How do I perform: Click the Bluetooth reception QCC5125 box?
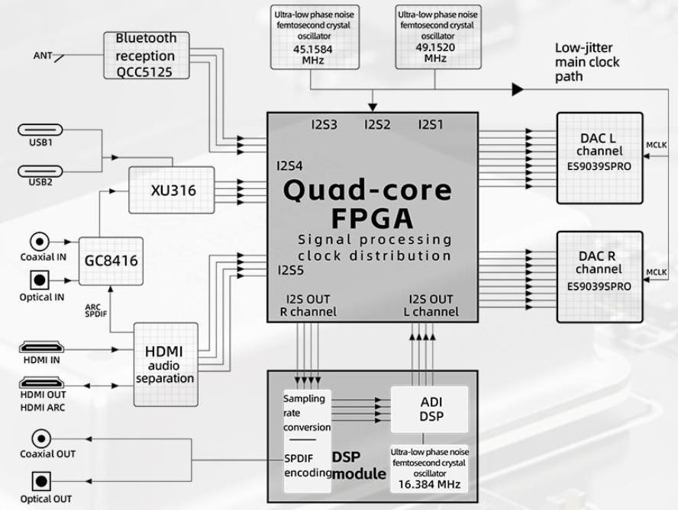[x=146, y=55]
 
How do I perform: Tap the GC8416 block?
[x=111, y=260]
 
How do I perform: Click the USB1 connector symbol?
[x=40, y=130]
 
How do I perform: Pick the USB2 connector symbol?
[x=40, y=172]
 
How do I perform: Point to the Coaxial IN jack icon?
[x=40, y=241]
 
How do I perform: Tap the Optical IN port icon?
[x=40, y=280]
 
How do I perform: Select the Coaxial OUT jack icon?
[x=40, y=438]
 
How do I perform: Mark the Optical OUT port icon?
[x=40, y=482]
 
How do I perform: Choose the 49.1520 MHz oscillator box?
[x=435, y=37]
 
